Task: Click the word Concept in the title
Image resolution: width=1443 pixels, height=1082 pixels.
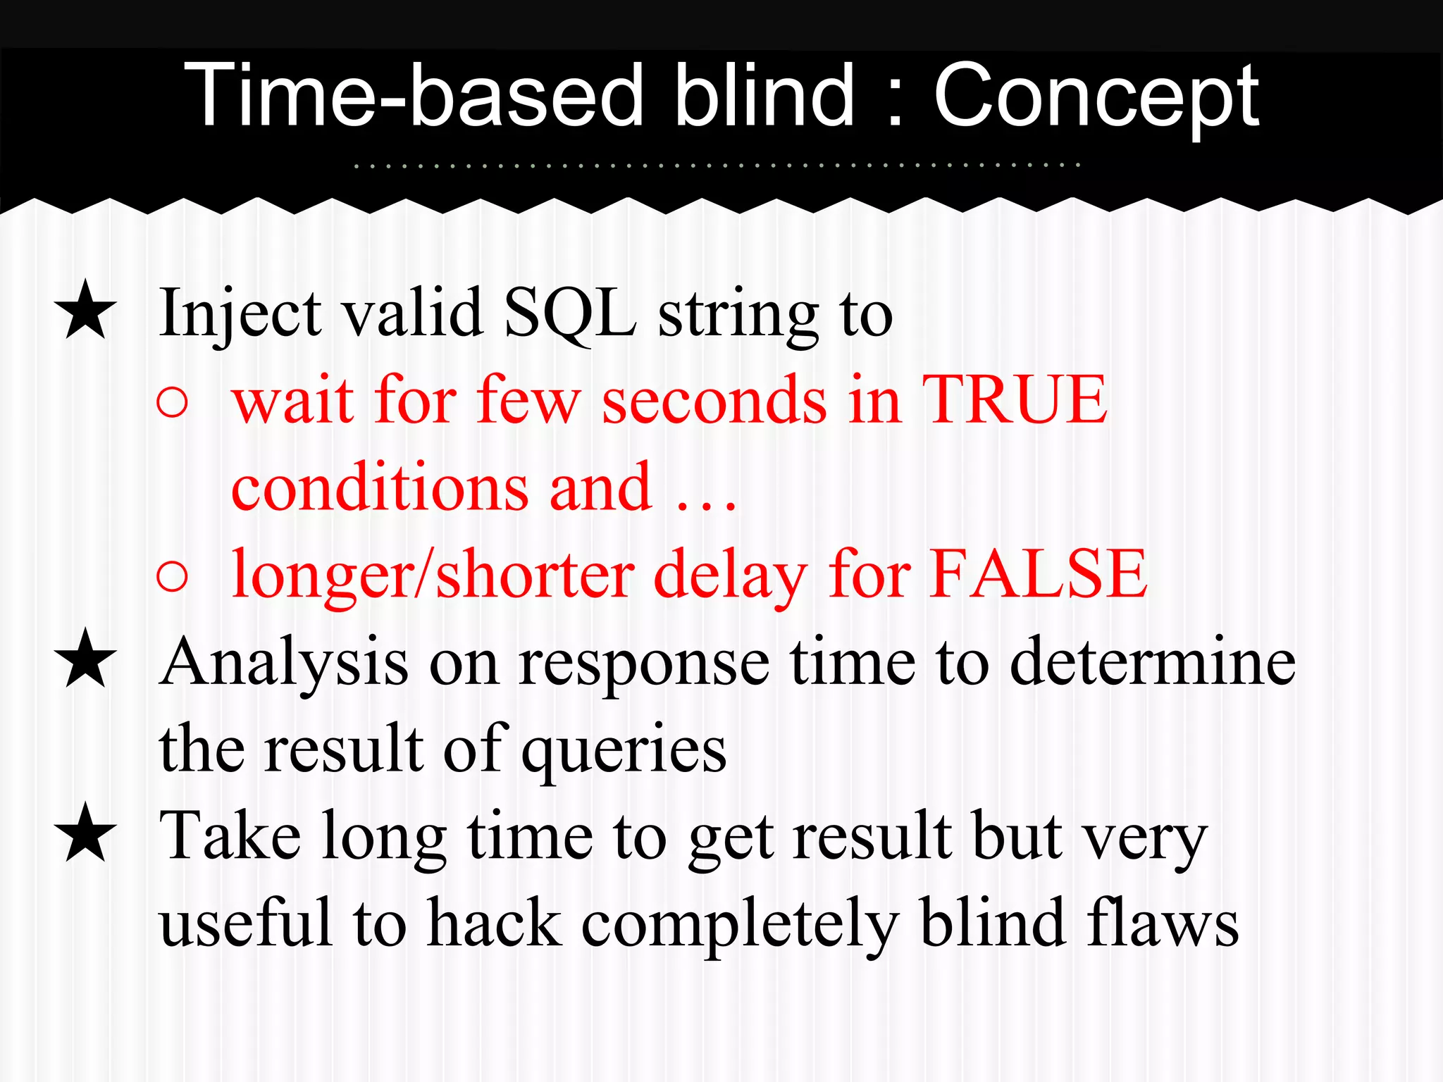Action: (x=1096, y=97)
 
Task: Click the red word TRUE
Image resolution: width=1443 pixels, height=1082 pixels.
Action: (x=1015, y=399)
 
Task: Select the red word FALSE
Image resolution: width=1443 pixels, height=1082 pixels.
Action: (x=1038, y=573)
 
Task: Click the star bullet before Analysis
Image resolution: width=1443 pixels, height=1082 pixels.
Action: (x=85, y=659)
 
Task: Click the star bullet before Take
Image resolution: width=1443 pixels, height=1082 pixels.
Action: (x=85, y=833)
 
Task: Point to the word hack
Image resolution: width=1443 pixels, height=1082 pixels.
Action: (x=495, y=922)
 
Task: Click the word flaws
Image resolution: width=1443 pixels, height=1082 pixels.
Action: (x=1162, y=922)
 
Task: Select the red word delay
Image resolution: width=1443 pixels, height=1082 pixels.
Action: (x=731, y=575)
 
